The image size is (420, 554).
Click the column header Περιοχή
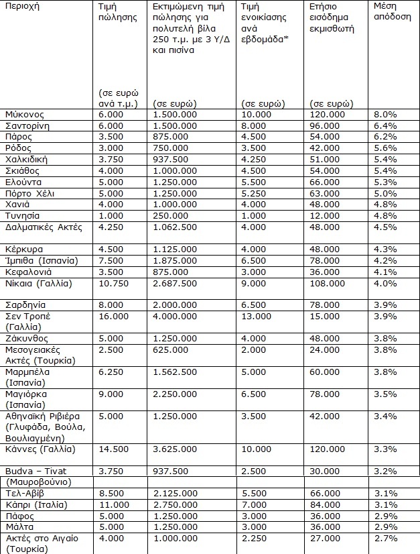pyautogui.click(x=22, y=7)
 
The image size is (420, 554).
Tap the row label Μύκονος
pyautogui.click(x=24, y=115)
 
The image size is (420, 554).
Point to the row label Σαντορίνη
pyautogui.click(x=28, y=125)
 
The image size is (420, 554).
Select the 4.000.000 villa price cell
pyautogui.click(x=174, y=316)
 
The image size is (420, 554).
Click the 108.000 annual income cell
pyautogui.click(x=328, y=283)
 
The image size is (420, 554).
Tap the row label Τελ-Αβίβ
pyautogui.click(x=25, y=493)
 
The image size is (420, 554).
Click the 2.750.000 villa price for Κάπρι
pyautogui.click(x=174, y=504)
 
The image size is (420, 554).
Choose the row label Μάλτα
pyautogui.click(x=19, y=527)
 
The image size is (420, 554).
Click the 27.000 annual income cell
pyautogui.click(x=326, y=537)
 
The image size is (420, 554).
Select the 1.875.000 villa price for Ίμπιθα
pyautogui.click(x=174, y=260)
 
